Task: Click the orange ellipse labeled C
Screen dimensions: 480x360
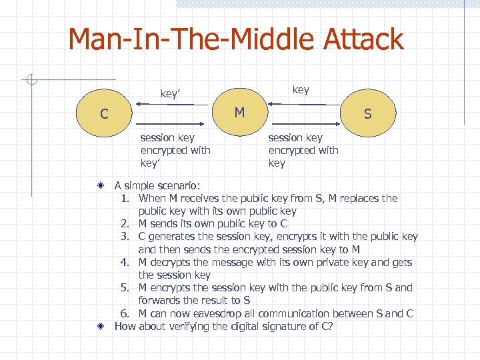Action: [105, 115]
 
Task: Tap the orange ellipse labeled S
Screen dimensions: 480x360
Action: [367, 115]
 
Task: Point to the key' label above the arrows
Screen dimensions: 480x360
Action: [171, 94]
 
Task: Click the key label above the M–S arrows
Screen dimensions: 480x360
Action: [301, 90]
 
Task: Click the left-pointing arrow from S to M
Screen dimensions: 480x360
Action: [297, 104]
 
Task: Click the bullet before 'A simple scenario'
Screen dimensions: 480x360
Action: [98, 186]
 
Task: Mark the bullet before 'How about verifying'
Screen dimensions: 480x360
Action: [98, 327]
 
